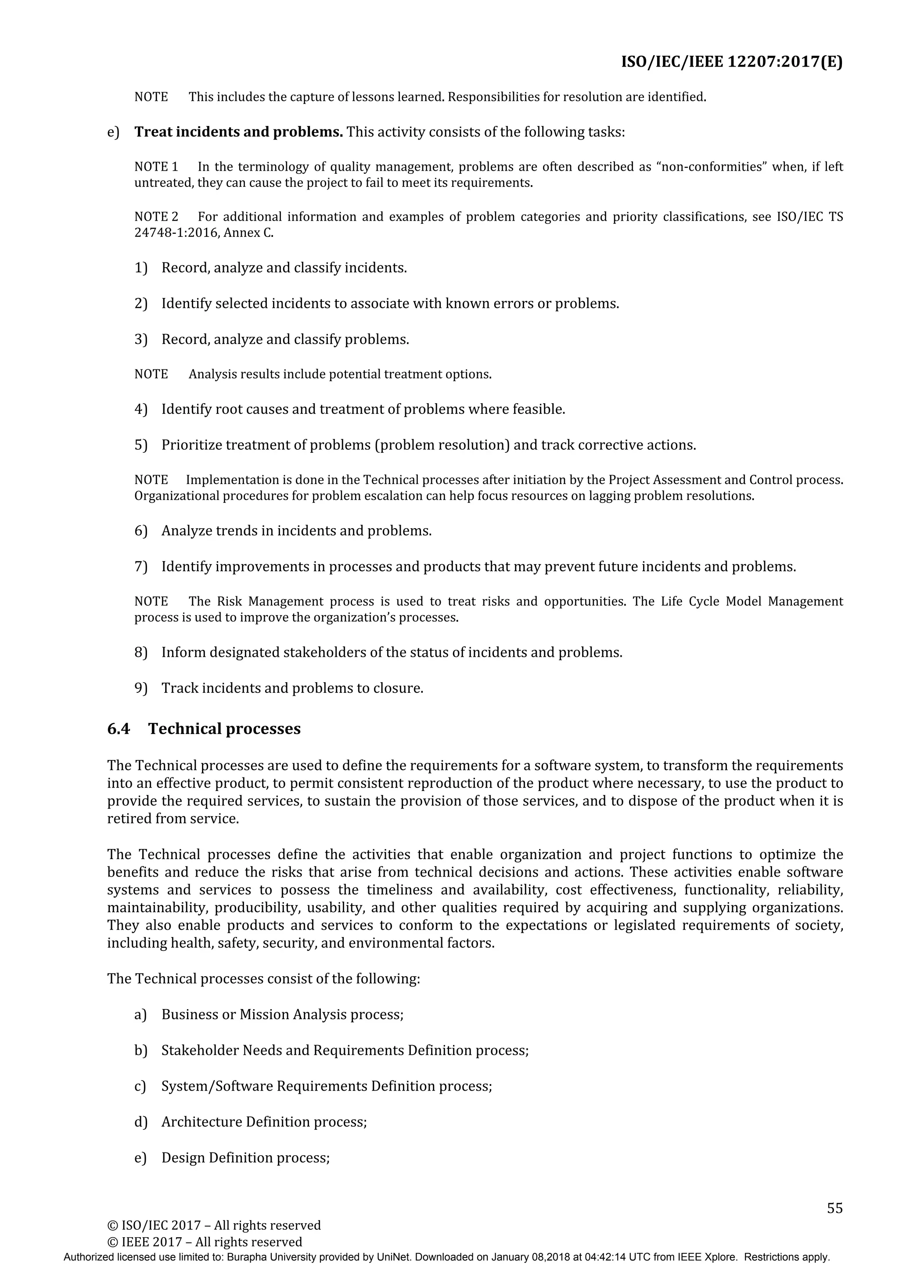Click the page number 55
coord(834,1208)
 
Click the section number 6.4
coord(118,728)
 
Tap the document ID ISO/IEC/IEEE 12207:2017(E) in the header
coord(731,61)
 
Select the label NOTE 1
coord(156,167)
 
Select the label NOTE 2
coord(156,216)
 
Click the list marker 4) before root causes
coord(141,409)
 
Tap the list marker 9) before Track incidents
coord(141,688)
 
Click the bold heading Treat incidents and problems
coord(239,132)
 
